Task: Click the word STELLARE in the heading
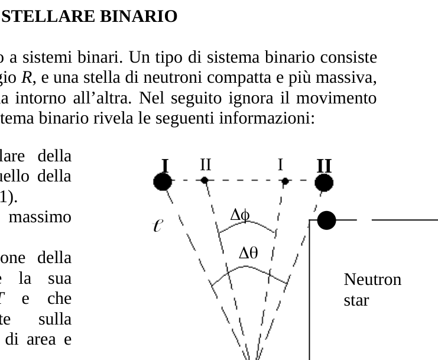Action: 48,16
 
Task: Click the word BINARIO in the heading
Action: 138,16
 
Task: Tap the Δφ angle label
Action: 240,215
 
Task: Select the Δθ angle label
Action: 248,253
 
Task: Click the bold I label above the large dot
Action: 165,166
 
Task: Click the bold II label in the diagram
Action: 324,166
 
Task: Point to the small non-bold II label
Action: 206,164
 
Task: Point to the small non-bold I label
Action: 280,164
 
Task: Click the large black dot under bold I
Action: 163,181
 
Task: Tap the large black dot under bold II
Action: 324,183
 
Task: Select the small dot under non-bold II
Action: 205,180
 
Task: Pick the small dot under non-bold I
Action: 285,181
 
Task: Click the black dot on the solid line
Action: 326,220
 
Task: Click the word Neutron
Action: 372,279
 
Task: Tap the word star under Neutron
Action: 356,300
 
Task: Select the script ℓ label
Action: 158,225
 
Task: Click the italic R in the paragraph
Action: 27,77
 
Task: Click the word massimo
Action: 40,217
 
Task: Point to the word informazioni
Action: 267,118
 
